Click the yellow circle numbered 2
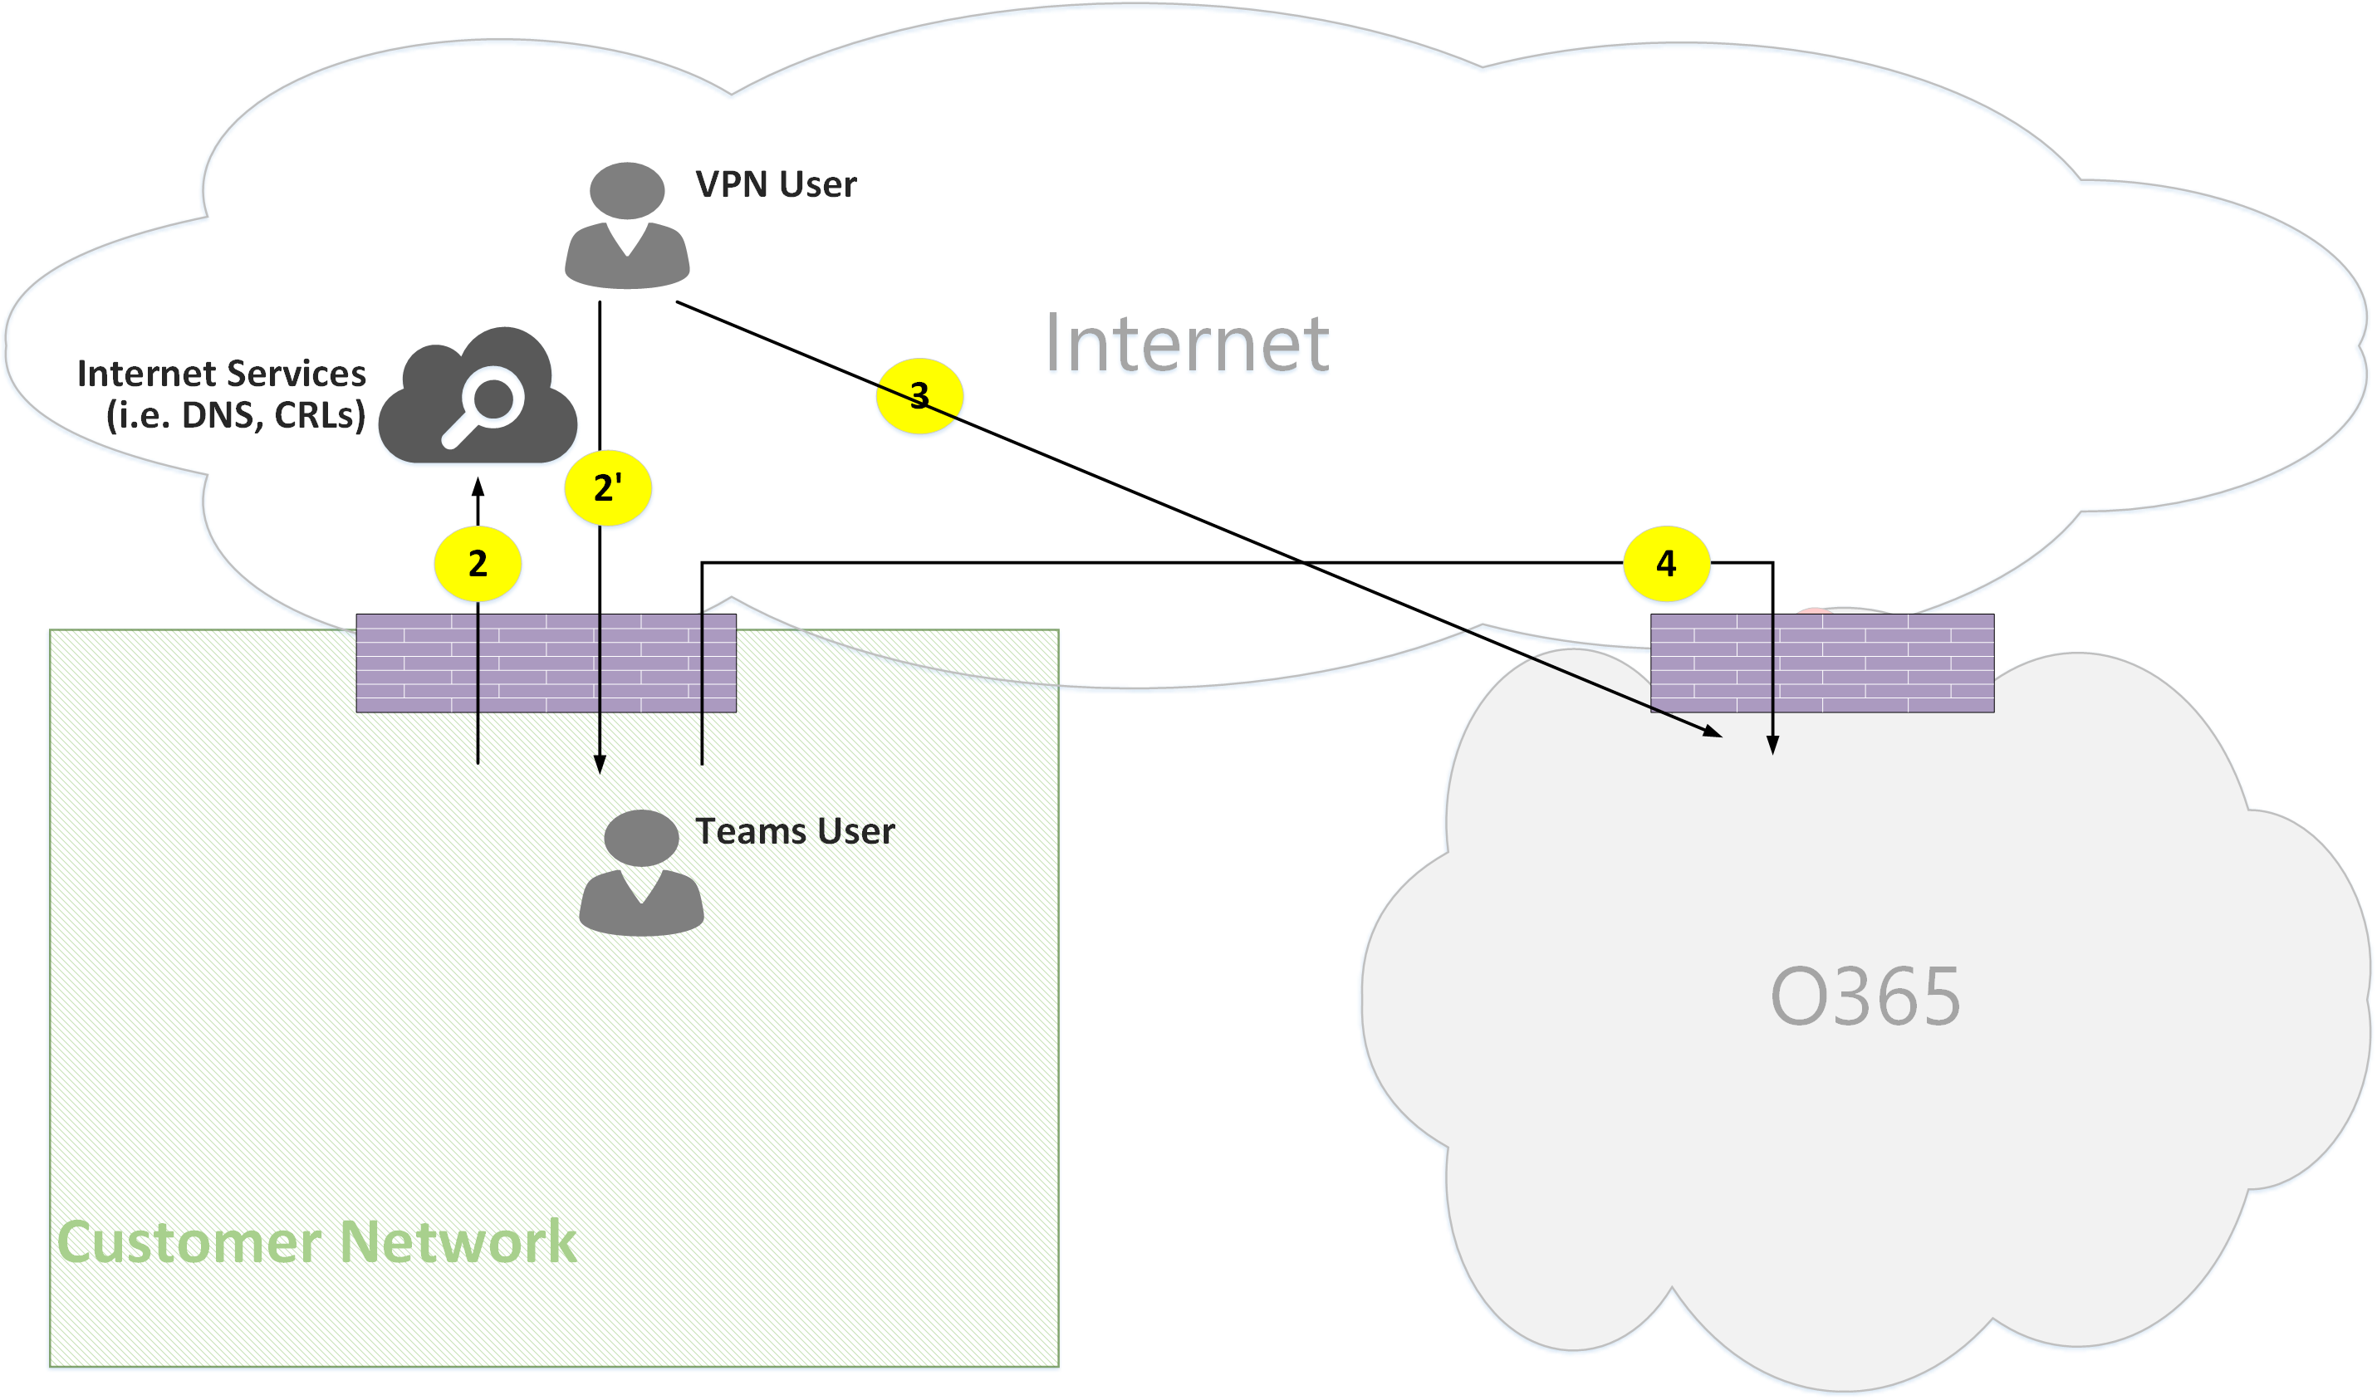click(x=478, y=564)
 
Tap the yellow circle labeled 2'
click(x=608, y=489)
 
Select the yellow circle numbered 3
click(x=919, y=396)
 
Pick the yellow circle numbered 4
click(x=1666, y=564)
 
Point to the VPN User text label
click(x=776, y=185)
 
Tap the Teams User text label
click(x=795, y=831)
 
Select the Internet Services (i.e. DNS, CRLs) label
click(x=223, y=394)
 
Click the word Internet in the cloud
click(x=1187, y=344)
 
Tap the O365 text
click(x=1865, y=996)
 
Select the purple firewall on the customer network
click(x=546, y=663)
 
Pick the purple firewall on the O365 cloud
click(x=1821, y=663)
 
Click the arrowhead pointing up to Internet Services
click(x=478, y=487)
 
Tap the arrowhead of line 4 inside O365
click(x=1772, y=746)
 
